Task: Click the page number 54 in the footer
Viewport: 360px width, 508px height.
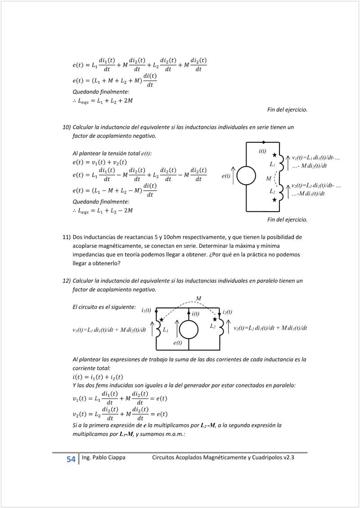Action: tap(71, 459)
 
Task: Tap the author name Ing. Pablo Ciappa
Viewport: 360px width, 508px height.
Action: tap(103, 458)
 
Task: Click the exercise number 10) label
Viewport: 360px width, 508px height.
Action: tap(66, 127)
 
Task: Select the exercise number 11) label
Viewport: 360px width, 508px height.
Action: tap(66, 236)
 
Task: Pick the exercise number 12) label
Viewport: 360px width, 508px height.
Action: tap(66, 281)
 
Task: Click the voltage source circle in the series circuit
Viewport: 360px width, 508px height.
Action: tap(246, 176)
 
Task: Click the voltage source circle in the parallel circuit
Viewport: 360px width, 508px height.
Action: tap(189, 330)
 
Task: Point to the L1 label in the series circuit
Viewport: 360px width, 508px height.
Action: tap(272, 165)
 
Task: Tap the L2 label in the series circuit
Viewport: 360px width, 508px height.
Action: tap(272, 191)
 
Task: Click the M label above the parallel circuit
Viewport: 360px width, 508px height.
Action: tap(198, 299)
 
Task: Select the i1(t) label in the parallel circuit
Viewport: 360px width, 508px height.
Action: tap(146, 310)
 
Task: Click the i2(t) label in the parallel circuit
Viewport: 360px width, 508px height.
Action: tap(227, 312)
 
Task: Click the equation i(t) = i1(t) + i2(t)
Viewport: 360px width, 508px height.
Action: tap(98, 377)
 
